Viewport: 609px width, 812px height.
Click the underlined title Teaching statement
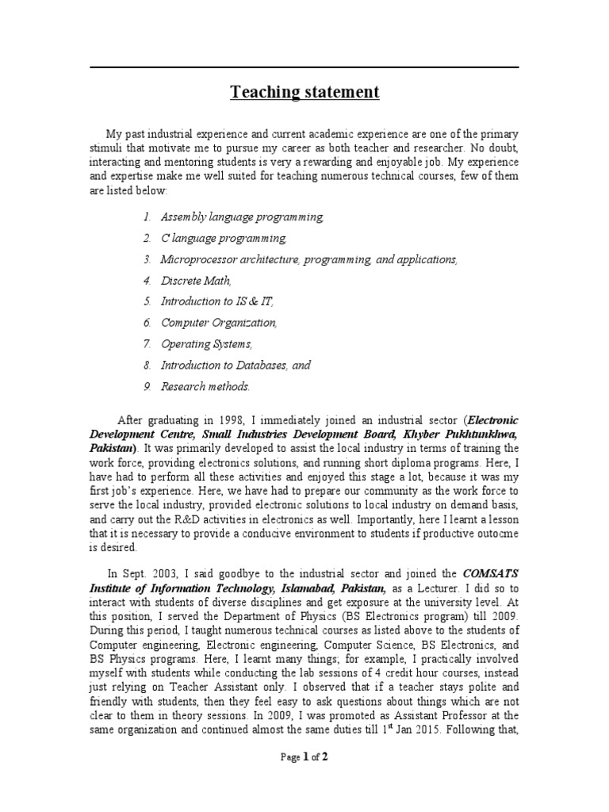(x=304, y=93)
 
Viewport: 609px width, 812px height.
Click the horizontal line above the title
(x=304, y=67)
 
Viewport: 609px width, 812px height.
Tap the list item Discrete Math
(x=196, y=280)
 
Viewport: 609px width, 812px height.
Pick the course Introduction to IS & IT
(x=217, y=301)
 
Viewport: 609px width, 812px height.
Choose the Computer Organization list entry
(x=219, y=323)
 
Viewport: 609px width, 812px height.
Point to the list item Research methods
(x=205, y=387)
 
